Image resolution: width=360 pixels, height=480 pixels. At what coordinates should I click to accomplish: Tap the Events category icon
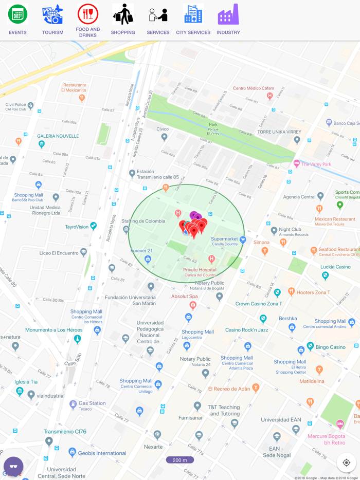[17, 14]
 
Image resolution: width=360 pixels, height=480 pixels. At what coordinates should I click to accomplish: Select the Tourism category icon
[52, 14]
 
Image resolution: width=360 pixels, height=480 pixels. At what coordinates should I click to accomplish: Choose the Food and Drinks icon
[88, 14]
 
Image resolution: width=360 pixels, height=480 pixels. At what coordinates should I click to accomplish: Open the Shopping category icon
[123, 14]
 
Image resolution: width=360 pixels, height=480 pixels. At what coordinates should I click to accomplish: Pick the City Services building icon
[193, 14]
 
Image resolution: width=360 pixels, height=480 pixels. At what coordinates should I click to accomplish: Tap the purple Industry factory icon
[228, 14]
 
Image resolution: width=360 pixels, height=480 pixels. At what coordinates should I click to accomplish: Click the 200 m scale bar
[180, 460]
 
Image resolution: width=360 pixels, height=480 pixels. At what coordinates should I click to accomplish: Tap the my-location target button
[346, 463]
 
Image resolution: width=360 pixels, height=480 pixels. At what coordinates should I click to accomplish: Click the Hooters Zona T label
[313, 292]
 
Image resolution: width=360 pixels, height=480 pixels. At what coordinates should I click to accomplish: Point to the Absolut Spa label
[184, 297]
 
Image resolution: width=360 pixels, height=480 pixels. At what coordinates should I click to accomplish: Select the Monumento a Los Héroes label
[54, 330]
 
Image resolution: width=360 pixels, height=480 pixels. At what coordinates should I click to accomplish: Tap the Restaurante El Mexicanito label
[74, 87]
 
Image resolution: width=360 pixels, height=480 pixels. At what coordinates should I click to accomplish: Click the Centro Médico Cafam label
[254, 88]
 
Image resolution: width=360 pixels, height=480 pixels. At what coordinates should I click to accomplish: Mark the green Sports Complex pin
[340, 205]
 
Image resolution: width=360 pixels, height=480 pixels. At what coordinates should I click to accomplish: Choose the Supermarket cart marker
[243, 239]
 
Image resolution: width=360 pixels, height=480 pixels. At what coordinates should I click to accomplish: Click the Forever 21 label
[141, 251]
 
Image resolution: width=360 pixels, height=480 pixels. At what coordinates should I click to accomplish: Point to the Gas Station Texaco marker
[73, 405]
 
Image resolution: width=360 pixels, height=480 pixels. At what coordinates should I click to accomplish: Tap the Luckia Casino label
[335, 267]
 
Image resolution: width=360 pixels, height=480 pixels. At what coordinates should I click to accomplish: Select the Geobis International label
[102, 453]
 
